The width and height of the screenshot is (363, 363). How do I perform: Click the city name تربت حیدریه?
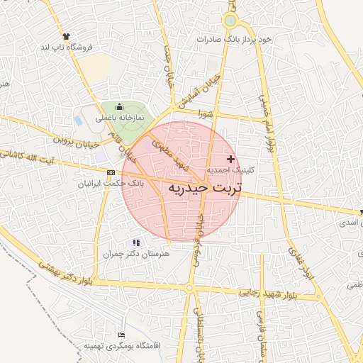pos(204,187)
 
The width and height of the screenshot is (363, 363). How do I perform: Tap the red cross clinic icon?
pos(231,159)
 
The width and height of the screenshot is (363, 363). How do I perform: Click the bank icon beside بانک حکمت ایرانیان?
pos(111,172)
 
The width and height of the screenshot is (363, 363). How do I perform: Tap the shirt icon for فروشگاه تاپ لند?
pos(67,35)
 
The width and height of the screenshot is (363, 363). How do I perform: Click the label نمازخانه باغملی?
pos(111,117)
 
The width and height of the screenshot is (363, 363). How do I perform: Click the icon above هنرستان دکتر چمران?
pos(136,242)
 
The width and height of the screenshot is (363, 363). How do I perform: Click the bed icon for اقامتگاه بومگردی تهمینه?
pos(122,334)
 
